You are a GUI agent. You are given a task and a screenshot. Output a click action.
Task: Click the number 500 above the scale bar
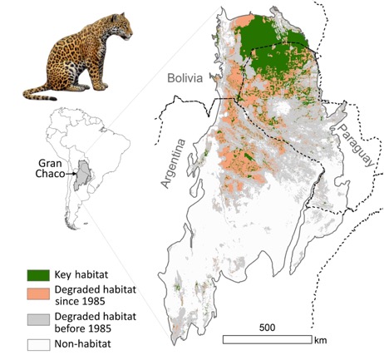[266, 327]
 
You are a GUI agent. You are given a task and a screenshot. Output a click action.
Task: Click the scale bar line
[266, 339]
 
